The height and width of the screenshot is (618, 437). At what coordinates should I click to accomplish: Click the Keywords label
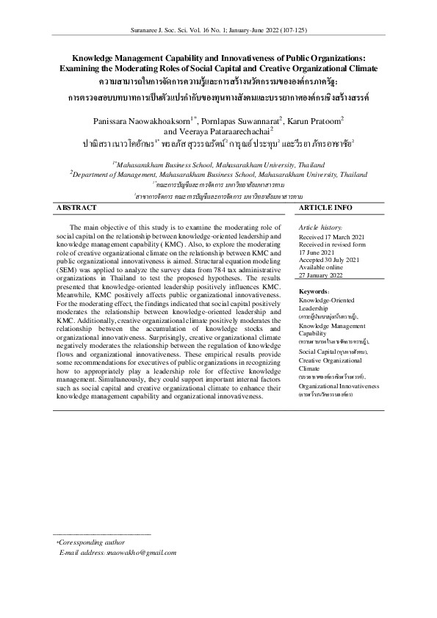pos(314,313)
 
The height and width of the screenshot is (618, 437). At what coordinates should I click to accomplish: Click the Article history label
pos(320,228)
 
